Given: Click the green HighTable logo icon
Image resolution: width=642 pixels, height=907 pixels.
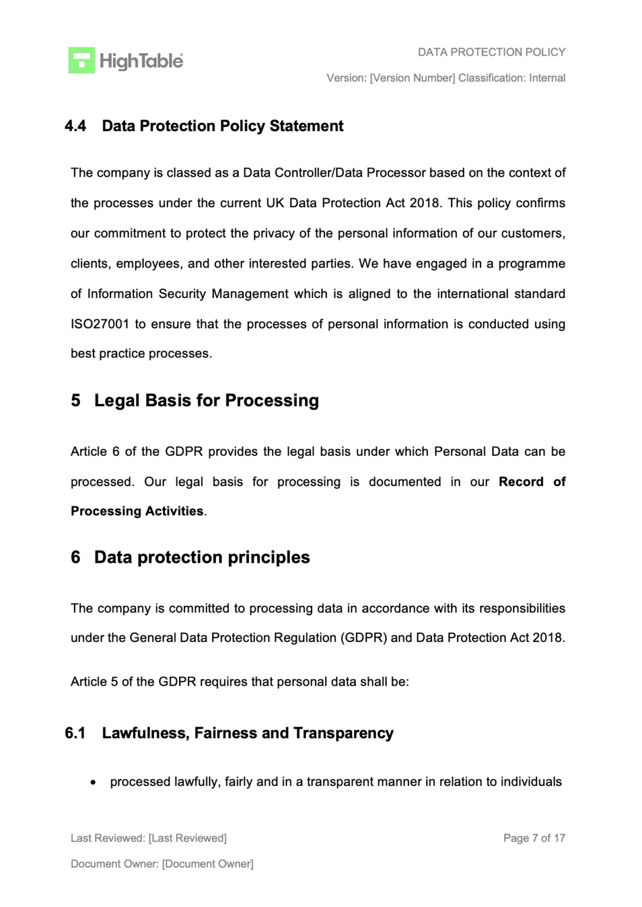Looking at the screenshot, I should tap(82, 60).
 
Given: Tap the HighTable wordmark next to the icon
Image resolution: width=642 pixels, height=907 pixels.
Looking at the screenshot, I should tap(141, 61).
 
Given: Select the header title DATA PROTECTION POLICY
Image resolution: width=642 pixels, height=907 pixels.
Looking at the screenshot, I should tap(491, 52).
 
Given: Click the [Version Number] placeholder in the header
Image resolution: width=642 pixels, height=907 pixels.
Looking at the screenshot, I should tap(412, 78).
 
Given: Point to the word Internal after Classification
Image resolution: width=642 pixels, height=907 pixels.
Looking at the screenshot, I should tap(547, 78).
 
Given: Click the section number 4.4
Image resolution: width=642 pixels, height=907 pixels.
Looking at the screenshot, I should tap(75, 126).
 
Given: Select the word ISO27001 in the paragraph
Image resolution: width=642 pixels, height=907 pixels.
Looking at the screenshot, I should tap(99, 324).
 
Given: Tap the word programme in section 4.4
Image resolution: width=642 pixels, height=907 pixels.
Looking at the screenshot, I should tap(531, 263).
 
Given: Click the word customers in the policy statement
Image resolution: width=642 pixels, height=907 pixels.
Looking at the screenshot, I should tap(533, 233).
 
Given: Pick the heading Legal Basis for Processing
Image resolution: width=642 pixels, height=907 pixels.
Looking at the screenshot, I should tap(206, 400).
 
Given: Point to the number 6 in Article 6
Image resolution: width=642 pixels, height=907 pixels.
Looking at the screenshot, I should tap(116, 452).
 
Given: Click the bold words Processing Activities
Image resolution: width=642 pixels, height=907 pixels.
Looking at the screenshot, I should tap(137, 511).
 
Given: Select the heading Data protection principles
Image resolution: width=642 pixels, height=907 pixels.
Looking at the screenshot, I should tap(202, 557).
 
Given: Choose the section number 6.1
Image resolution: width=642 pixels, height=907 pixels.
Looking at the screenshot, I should tap(75, 733).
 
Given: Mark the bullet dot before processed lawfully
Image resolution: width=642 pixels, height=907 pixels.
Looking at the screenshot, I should tap(93, 782).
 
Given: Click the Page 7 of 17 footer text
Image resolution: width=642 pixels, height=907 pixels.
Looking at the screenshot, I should tap(534, 838).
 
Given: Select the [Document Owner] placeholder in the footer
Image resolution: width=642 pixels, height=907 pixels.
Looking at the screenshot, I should tap(207, 864).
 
